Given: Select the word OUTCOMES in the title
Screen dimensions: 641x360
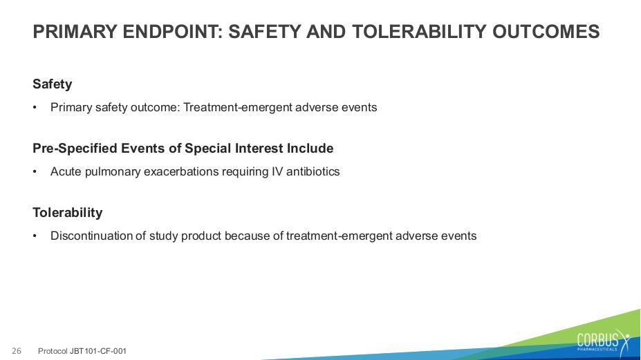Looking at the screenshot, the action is click(x=546, y=32).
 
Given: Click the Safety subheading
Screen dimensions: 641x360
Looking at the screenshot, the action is click(x=53, y=84).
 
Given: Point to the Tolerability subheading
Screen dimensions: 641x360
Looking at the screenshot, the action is click(x=68, y=213).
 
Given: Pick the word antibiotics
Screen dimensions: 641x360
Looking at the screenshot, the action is click(x=313, y=171).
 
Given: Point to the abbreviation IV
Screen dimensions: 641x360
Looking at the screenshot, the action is click(x=277, y=171).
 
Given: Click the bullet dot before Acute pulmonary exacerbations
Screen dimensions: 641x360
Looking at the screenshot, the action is click(x=35, y=172).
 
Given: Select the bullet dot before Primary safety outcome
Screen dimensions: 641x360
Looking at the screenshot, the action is click(x=35, y=108).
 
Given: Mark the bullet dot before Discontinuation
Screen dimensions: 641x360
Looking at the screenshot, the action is click(x=35, y=236).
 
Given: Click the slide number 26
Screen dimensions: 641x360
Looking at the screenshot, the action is click(x=17, y=351).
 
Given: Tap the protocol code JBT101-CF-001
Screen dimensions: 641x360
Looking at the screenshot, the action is click(x=98, y=351).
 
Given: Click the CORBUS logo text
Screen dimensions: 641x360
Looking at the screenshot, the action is click(x=597, y=340).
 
